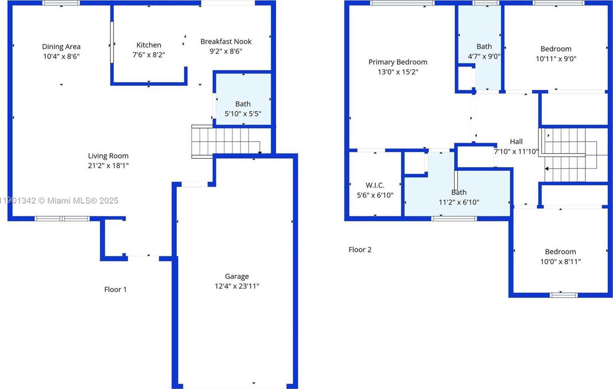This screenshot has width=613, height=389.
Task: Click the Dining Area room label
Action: pyautogui.click(x=61, y=47)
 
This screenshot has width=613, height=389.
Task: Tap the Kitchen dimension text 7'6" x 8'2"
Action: pyautogui.click(x=149, y=55)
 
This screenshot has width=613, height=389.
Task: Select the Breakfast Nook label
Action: pyautogui.click(x=226, y=42)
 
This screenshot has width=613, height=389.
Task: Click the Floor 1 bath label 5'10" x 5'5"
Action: pyautogui.click(x=243, y=114)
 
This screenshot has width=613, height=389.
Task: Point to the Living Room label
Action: pyautogui.click(x=108, y=156)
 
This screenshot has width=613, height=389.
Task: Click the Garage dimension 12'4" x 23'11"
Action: pyautogui.click(x=237, y=286)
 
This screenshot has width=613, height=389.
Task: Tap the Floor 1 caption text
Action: pyautogui.click(x=115, y=289)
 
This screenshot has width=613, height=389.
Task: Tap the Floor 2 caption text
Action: pyautogui.click(x=360, y=250)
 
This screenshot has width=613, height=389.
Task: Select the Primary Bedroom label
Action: pyautogui.click(x=397, y=62)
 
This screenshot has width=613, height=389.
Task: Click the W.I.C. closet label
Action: pyautogui.click(x=375, y=185)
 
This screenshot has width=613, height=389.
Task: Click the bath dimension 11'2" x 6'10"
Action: pyautogui.click(x=459, y=202)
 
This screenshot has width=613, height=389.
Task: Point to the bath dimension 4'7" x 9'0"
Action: pyautogui.click(x=484, y=56)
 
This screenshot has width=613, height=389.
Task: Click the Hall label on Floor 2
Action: pyautogui.click(x=516, y=141)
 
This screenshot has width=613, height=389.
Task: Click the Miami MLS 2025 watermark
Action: pyautogui.click(x=60, y=200)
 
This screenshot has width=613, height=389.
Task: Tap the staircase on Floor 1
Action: pyautogui.click(x=224, y=141)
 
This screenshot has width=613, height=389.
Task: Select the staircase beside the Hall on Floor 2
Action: pyautogui.click(x=569, y=154)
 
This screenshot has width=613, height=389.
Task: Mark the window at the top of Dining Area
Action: pyautogui.click(x=61, y=3)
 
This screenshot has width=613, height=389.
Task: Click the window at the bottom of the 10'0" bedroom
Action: pyautogui.click(x=563, y=295)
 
